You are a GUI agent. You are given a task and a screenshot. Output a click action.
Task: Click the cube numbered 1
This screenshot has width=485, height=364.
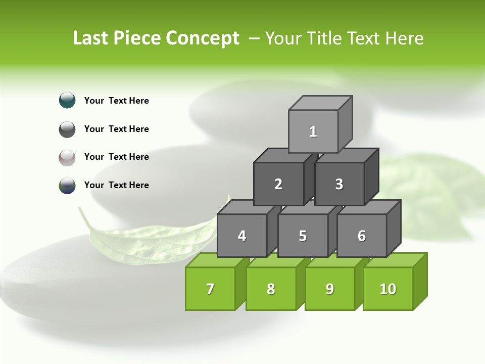click(x=313, y=131)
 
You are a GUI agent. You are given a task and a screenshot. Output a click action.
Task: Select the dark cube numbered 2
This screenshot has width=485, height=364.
click(x=278, y=184)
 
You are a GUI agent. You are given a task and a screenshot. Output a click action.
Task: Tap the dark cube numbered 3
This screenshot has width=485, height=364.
click(x=339, y=184)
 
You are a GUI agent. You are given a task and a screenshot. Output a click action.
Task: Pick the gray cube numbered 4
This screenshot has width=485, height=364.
click(x=242, y=236)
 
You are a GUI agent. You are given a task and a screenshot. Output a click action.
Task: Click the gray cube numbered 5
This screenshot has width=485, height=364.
click(x=303, y=236)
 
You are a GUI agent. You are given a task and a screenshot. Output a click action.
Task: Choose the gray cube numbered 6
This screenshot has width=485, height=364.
click(x=362, y=236)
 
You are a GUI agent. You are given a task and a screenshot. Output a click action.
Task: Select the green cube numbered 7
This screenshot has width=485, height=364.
click(x=210, y=289)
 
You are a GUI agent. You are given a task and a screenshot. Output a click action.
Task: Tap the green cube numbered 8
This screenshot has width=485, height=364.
click(x=271, y=289)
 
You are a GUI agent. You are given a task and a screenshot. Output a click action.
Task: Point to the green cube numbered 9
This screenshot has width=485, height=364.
click(x=329, y=289)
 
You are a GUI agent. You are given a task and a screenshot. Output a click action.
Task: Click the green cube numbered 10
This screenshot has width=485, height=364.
click(x=387, y=289)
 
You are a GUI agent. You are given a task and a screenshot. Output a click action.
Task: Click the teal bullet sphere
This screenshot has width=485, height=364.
click(x=67, y=100)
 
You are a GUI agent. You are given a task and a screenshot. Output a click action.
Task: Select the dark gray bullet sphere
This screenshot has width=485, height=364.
click(x=67, y=129)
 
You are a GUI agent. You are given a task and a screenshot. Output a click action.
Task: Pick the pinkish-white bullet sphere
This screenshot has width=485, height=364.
click(x=67, y=157)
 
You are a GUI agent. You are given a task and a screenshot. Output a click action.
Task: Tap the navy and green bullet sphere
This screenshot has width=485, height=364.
click(x=67, y=186)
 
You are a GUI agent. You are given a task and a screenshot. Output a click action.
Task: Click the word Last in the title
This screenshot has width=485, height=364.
click(x=91, y=38)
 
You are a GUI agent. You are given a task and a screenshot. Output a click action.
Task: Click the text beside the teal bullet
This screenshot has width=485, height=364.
click(x=117, y=101)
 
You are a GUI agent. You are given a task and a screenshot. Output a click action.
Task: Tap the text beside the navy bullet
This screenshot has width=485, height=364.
click(x=117, y=185)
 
